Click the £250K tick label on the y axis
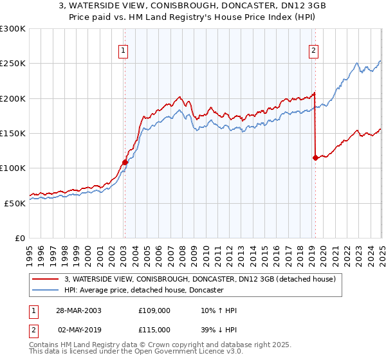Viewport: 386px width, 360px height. (x=13, y=64)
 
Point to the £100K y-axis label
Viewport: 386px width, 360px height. (x=13, y=168)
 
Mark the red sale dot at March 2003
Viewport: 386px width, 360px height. (x=125, y=162)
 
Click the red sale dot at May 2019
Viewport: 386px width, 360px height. (x=315, y=157)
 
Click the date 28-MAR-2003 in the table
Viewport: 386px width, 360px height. (x=78, y=310)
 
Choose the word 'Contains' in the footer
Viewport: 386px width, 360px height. (x=44, y=346)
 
